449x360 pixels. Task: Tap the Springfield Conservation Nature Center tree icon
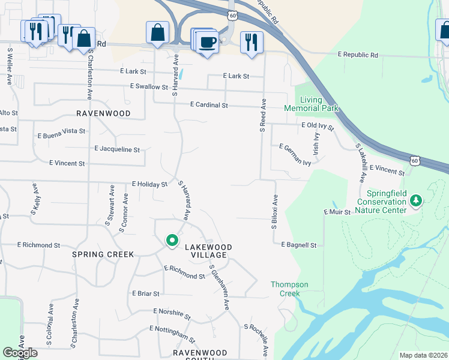tap(415, 202)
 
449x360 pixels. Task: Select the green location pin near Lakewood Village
tap(172, 241)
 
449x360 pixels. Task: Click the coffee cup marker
tap(208, 42)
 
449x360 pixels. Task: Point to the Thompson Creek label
tap(289, 289)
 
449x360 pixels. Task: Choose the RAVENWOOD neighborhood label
tap(103, 113)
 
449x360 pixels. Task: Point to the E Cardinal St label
tap(209, 105)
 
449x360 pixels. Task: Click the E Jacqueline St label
tap(117, 149)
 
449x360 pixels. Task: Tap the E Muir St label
tap(337, 212)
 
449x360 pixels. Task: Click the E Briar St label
tap(146, 294)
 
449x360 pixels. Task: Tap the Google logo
tap(20, 353)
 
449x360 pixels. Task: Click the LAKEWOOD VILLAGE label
tap(208, 251)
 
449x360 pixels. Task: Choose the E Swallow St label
tap(149, 87)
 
